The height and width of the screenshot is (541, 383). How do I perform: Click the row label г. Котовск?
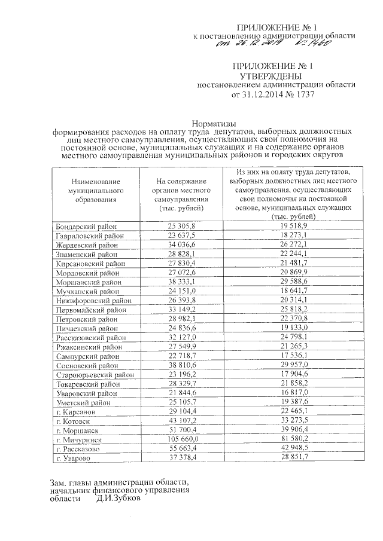click(72, 421)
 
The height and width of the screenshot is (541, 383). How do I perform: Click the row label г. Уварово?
click(72, 457)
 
